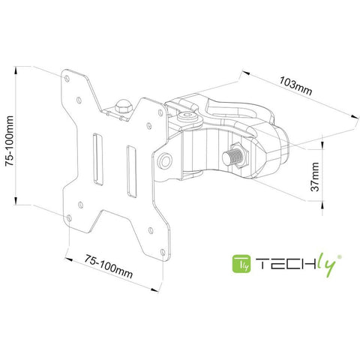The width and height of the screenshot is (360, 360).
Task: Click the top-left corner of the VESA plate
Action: click(67, 72)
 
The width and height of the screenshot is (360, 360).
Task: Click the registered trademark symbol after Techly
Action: click(341, 256)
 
